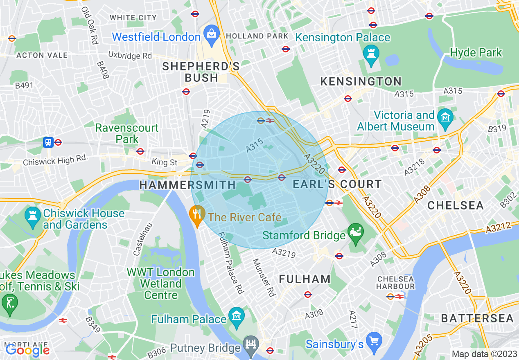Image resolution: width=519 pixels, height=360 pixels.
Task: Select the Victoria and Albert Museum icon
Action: pos(445,117)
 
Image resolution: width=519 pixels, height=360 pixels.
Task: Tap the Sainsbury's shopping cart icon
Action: pos(374,340)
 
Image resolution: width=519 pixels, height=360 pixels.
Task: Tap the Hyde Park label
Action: pos(476,53)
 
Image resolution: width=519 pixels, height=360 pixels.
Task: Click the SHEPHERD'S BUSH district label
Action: pos(201,72)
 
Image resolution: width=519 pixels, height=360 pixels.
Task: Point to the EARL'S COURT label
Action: pos(337,184)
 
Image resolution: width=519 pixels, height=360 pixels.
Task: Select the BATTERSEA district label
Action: pos(477,318)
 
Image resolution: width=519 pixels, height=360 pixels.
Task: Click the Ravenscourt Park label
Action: pos(126,133)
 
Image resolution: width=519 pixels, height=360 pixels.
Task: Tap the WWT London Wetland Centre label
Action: pos(160,283)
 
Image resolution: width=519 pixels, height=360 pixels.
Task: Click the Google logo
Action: pos(27,350)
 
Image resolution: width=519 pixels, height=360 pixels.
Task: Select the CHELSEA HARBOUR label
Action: pos(396,283)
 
